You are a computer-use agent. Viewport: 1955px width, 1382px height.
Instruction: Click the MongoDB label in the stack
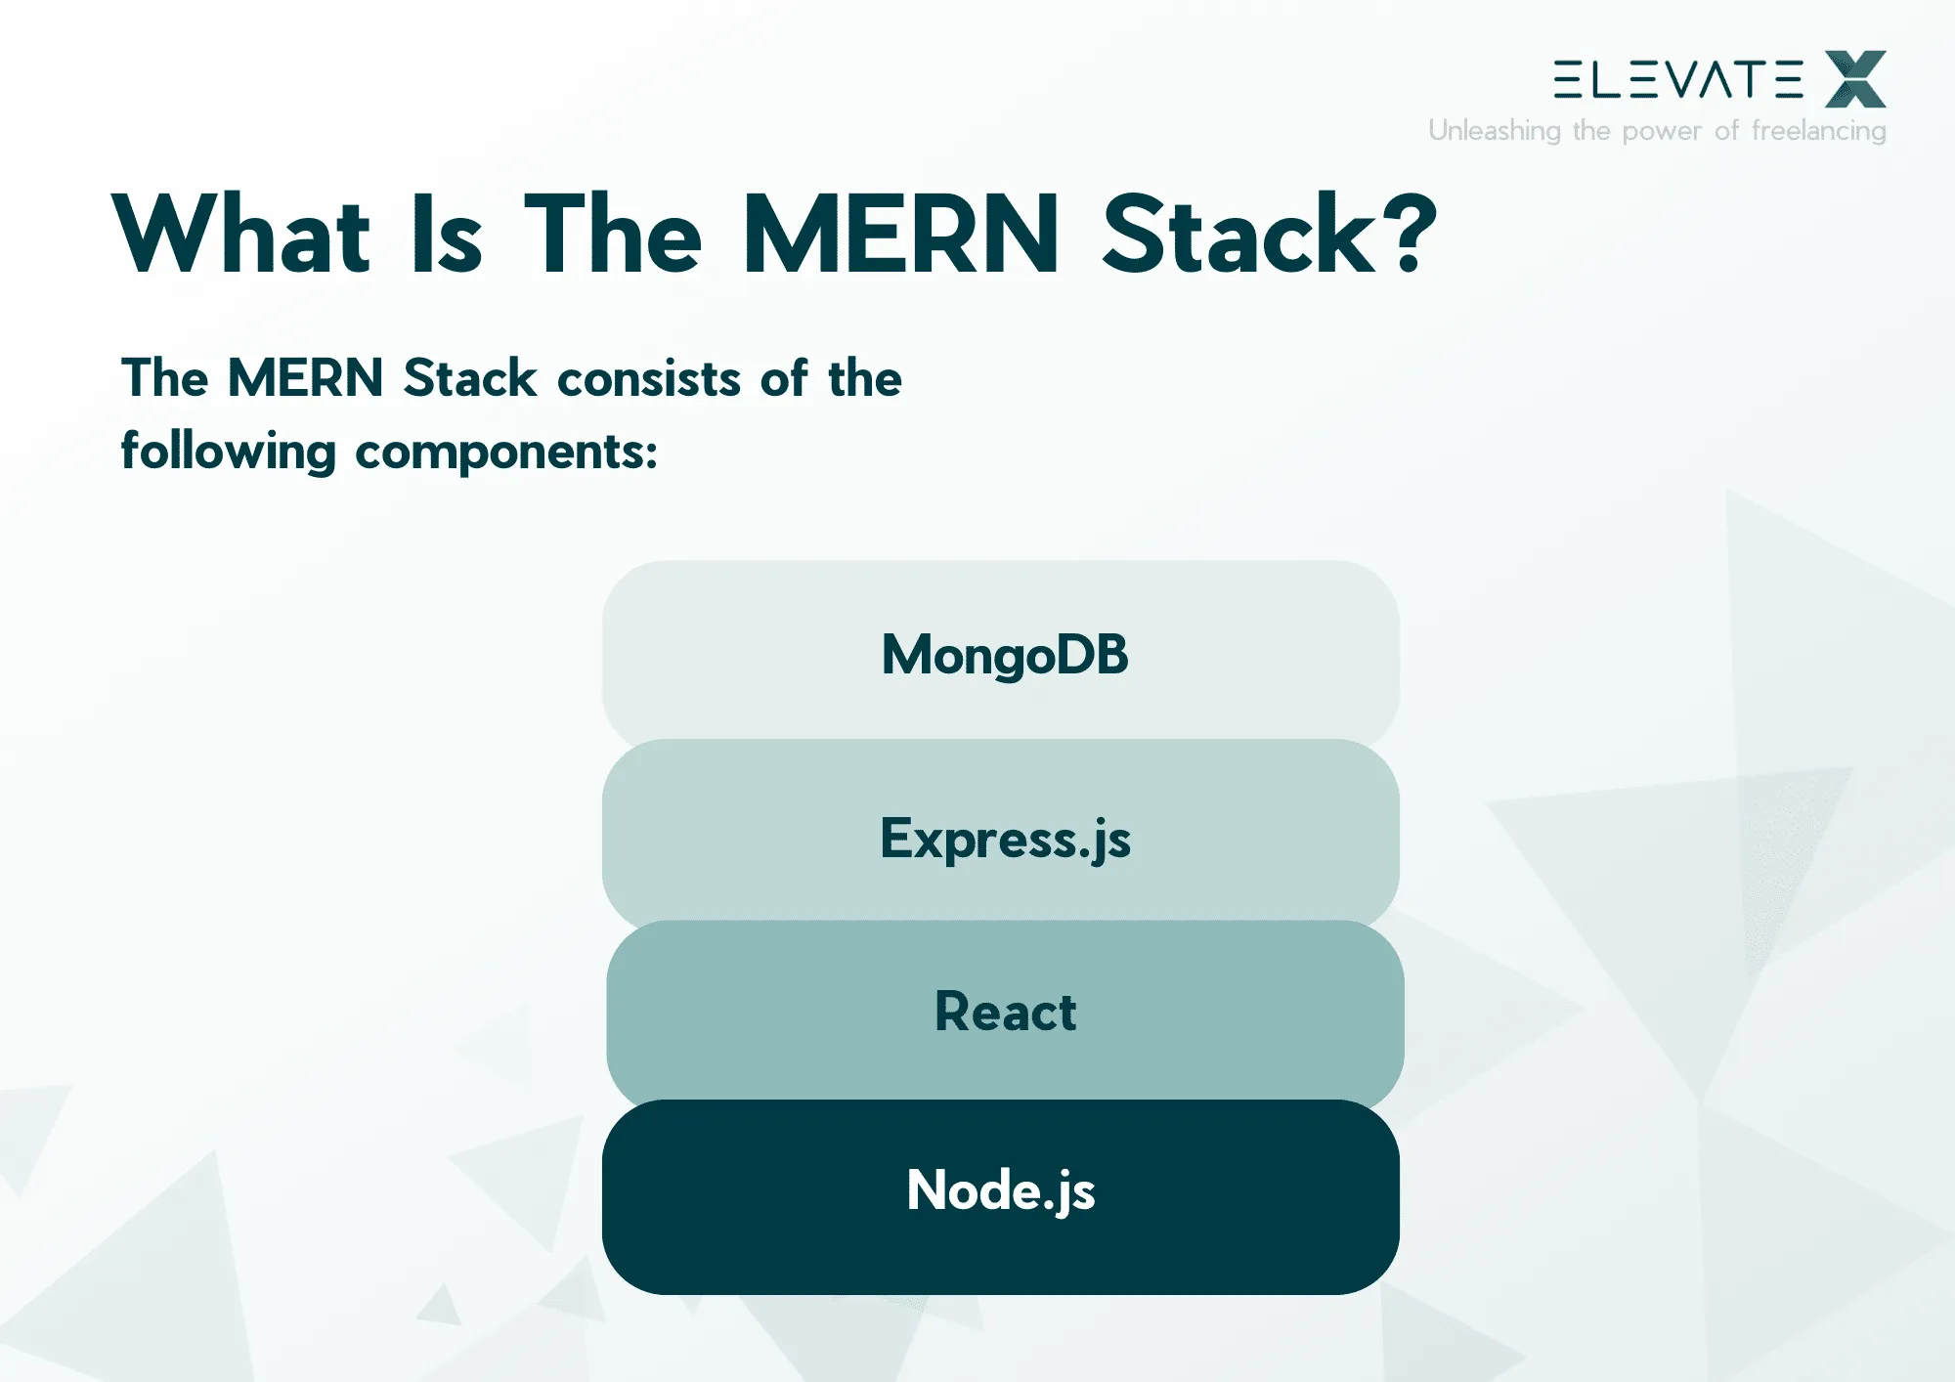coord(1005,655)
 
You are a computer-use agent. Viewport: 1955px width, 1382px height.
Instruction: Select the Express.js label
coord(1005,839)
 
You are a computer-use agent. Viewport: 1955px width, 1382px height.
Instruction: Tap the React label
coord(1005,1012)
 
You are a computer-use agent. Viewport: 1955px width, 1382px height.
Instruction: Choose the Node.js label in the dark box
coord(1001,1190)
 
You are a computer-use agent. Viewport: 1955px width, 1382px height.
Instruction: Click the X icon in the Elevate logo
coord(1855,79)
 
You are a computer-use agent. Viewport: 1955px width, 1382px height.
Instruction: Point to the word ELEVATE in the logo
coord(1678,79)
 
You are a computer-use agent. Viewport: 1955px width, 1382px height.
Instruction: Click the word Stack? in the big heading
coord(1269,235)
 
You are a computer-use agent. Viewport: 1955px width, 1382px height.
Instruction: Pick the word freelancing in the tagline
coord(1818,131)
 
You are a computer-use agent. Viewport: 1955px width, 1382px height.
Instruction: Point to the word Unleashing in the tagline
coord(1494,131)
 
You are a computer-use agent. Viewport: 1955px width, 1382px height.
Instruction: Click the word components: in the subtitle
coord(506,453)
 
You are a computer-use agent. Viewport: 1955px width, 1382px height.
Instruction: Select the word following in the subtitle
coord(229,453)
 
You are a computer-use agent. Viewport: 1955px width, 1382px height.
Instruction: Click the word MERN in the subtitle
coord(305,379)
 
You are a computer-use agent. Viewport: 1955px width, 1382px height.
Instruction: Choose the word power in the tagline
coord(1662,131)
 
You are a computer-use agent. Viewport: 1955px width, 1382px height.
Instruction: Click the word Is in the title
coord(448,235)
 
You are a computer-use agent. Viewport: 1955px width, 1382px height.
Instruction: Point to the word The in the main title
coord(613,235)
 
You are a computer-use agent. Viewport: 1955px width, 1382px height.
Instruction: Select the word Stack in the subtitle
coord(470,379)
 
